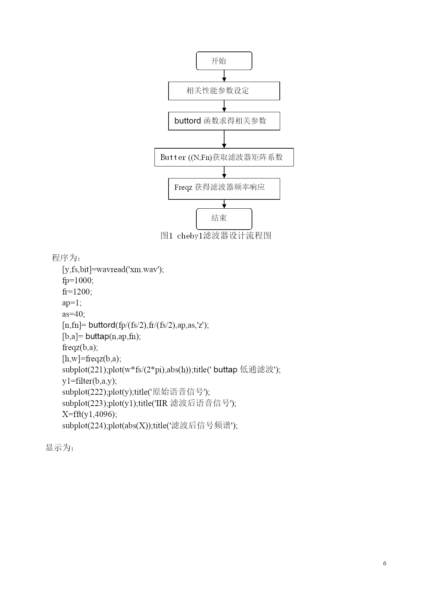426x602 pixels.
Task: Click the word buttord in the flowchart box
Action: coord(187,121)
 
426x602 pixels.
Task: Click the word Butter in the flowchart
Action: coord(173,157)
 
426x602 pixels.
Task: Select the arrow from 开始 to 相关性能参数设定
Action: coord(224,76)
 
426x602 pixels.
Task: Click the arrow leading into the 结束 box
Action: coord(224,204)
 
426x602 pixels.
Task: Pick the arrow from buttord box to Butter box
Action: coord(224,139)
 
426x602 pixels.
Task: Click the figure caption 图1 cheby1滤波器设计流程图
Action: coord(216,236)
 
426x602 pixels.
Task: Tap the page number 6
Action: coord(384,563)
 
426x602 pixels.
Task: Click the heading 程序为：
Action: coord(66,258)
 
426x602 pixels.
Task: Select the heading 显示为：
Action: coord(60,448)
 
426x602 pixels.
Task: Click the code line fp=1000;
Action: coord(78,281)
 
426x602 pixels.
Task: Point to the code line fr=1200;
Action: coord(77,292)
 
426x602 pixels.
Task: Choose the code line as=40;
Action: coord(73,314)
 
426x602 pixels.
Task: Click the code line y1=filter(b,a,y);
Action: coord(90,381)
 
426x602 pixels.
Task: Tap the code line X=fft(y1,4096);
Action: coord(90,414)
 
